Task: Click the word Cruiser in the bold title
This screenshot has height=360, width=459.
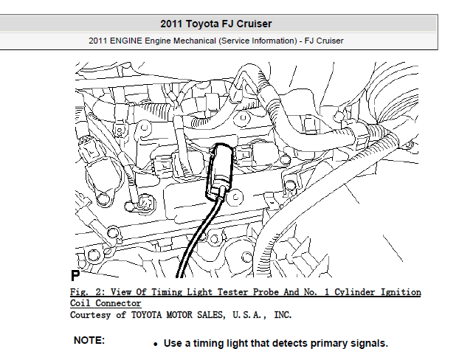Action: point(254,24)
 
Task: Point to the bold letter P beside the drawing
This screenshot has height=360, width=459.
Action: point(75,275)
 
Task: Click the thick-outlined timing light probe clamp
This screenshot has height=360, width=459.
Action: point(220,171)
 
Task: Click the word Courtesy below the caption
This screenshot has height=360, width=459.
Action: point(90,315)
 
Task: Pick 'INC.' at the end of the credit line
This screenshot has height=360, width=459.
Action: point(283,315)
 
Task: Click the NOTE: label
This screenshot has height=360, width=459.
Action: point(89,340)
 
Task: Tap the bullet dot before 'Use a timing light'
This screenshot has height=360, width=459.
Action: point(156,345)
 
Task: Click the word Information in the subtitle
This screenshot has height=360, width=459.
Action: point(274,41)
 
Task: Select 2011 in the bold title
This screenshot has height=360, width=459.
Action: point(171,24)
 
